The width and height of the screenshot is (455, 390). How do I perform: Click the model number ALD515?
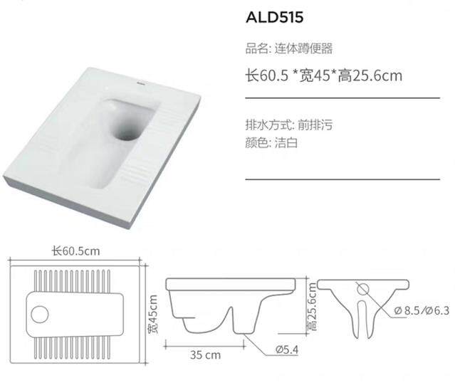click(x=275, y=17)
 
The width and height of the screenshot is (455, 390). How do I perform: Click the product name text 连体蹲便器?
click(x=303, y=48)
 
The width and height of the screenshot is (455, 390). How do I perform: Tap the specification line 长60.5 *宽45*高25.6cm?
click(x=324, y=75)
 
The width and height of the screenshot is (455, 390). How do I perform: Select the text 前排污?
click(x=315, y=125)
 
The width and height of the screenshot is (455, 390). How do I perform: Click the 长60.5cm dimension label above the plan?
click(x=75, y=251)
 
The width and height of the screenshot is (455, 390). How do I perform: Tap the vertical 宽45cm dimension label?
click(x=152, y=314)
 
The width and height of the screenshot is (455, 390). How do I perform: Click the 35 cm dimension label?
click(x=206, y=354)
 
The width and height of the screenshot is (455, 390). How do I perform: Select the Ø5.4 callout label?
click(x=287, y=349)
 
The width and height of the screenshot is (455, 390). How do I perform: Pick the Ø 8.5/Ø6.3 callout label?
click(x=422, y=310)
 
